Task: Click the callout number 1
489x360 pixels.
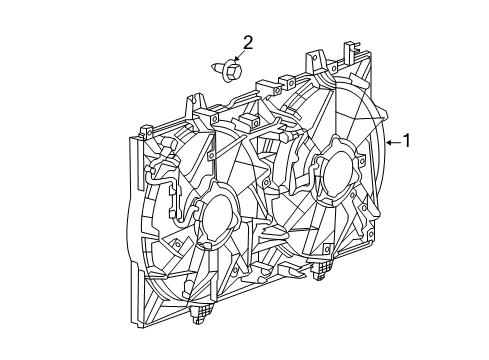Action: click(x=407, y=142)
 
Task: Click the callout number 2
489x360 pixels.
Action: click(x=247, y=41)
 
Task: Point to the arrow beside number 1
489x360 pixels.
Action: click(x=392, y=143)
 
